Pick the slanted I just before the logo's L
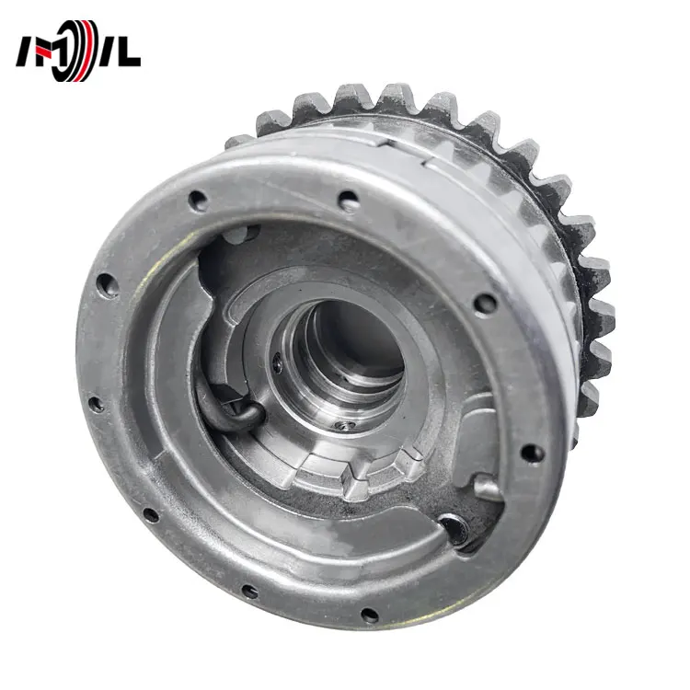(x=108, y=53)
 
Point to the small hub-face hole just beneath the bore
(x=342, y=425)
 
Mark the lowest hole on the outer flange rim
(x=369, y=615)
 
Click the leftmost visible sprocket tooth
(x=237, y=140)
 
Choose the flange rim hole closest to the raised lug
(x=532, y=452)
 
